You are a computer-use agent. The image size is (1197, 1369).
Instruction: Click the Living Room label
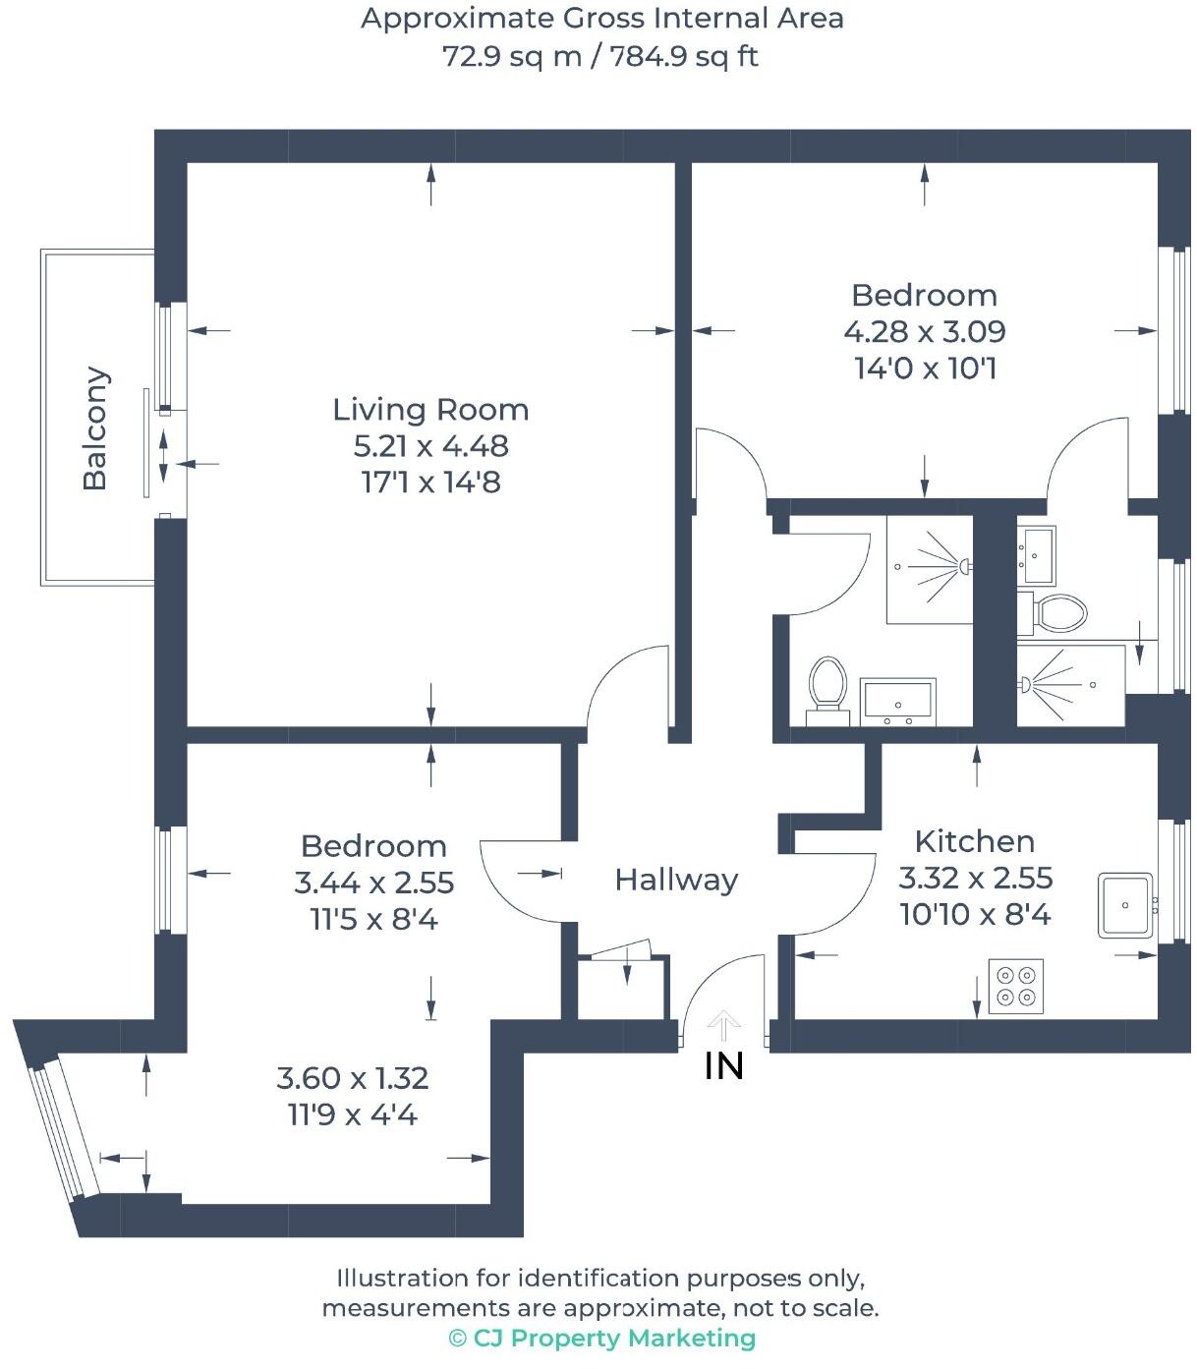pos(430,409)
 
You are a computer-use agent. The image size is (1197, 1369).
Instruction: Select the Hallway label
pos(676,880)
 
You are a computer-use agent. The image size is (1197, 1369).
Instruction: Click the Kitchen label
pos(974,841)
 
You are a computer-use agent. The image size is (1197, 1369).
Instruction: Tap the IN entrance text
pos(724,1067)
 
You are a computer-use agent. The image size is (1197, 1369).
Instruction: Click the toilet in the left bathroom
pos(828,684)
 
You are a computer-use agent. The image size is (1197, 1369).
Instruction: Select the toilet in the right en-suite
pos(1059,613)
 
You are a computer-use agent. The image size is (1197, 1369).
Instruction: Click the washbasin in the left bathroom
pos(897,701)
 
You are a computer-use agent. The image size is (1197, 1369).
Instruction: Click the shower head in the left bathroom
pos(965,566)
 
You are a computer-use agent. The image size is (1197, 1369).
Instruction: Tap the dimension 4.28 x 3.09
pos(924,332)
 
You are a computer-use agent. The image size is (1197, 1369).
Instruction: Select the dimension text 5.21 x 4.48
pos(430,446)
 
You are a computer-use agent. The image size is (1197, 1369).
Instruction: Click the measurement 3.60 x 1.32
pos(353,1078)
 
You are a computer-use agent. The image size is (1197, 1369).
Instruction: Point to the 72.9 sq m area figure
pos(512,56)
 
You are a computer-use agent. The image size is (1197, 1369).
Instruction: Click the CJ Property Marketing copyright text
pos(602,1339)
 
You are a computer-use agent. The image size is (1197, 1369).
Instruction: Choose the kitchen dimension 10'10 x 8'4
pos(974,915)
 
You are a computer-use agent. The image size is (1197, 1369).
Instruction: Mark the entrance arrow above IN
pos(724,1026)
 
